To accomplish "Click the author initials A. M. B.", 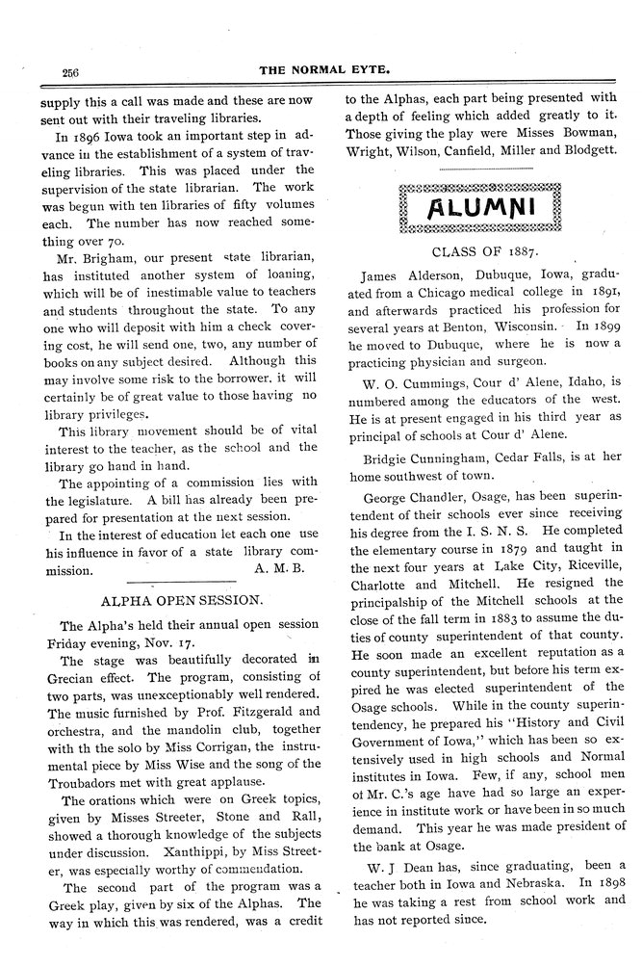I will click(x=280, y=568).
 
